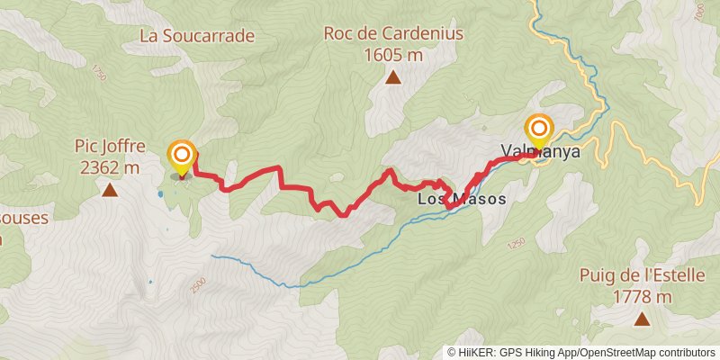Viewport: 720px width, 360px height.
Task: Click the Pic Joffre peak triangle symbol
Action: click(110, 190)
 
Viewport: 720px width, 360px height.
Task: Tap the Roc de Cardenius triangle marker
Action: click(393, 78)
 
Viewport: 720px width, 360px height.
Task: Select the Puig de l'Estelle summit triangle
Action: click(642, 319)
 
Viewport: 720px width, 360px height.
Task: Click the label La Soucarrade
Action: click(197, 36)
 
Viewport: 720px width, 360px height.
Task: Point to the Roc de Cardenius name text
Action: click(393, 35)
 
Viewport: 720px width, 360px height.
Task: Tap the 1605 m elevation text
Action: click(393, 55)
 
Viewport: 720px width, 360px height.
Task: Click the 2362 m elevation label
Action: click(110, 166)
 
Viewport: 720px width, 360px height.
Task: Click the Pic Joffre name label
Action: click(110, 146)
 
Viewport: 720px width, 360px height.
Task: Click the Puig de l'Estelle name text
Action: click(642, 276)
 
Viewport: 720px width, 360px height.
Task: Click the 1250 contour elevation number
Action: click(516, 244)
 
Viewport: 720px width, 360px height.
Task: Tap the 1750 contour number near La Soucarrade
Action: click(98, 75)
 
